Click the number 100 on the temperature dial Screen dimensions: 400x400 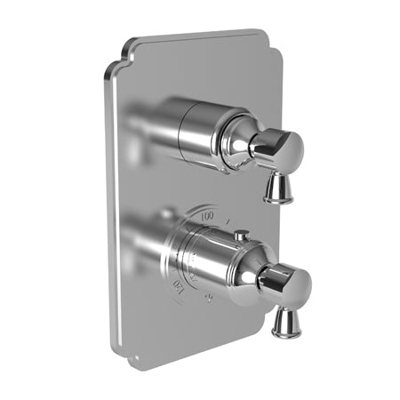coord(207,215)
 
